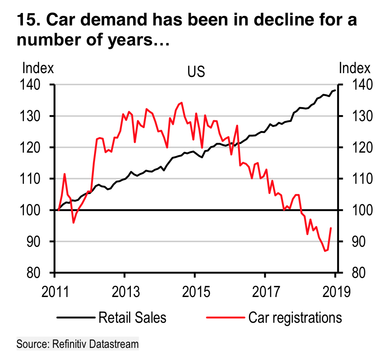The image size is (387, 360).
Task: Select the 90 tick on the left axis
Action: (x=31, y=242)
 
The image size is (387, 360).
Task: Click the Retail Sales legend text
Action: (x=133, y=318)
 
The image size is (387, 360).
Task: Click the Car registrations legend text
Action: (x=289, y=318)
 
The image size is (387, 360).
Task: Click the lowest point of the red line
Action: (x=326, y=251)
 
